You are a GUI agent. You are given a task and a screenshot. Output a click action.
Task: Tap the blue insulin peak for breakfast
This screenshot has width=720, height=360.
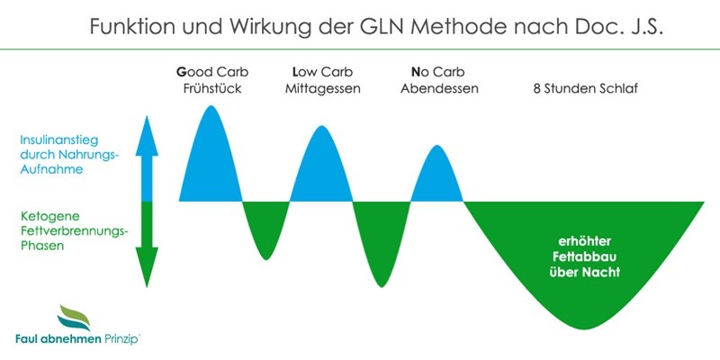[x=212, y=162]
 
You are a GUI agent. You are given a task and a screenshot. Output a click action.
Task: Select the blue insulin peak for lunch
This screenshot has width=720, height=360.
[x=323, y=171]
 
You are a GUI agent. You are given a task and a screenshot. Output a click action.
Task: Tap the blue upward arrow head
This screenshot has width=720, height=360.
[x=149, y=130]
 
